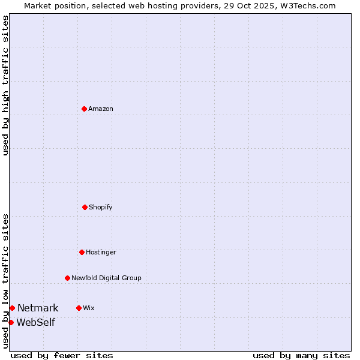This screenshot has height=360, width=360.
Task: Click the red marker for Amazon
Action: point(84,109)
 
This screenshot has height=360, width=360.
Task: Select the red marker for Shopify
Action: point(85,207)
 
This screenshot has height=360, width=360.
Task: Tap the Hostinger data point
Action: point(82,252)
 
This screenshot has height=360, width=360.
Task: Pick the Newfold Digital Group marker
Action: point(67,278)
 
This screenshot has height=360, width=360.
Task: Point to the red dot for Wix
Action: point(79,308)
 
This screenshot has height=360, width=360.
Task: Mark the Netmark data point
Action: point(12,308)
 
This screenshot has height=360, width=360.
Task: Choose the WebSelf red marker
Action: point(11,322)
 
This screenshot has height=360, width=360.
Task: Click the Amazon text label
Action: point(101,109)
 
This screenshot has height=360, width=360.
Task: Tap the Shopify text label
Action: point(101,207)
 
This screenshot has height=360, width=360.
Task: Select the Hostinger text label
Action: point(101,252)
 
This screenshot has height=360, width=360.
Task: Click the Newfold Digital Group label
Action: point(106,278)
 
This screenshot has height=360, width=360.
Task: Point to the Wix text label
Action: point(89,308)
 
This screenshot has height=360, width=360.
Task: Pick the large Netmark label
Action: point(38,308)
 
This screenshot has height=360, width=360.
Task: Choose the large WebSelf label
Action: point(35,322)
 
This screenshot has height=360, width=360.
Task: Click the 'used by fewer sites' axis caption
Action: point(62,355)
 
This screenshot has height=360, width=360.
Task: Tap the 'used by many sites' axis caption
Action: point(301,355)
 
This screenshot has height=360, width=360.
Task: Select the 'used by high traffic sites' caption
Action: point(5,85)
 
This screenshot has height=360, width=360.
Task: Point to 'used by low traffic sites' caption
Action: point(5,281)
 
